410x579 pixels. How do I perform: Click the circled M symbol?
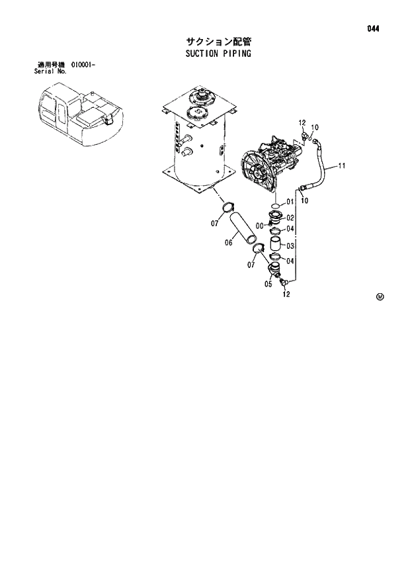click(x=380, y=296)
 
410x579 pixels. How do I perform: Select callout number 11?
click(x=342, y=165)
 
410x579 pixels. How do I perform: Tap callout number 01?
click(x=290, y=202)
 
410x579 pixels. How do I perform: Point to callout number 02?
click(x=290, y=218)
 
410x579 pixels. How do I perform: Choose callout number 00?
click(x=259, y=225)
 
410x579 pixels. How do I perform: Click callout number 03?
click(x=290, y=245)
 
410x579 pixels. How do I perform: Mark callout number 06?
click(x=228, y=242)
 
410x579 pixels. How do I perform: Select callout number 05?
click(x=268, y=285)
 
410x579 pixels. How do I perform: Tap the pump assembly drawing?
click(x=271, y=165)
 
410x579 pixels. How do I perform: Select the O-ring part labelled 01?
click(x=275, y=202)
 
